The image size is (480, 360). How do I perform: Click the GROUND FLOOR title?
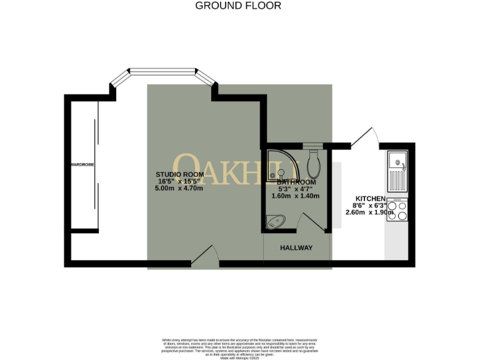tap(238, 6)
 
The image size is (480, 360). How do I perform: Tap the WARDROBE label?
tap(82, 165)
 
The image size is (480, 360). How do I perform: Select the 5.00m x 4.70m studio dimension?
tap(179, 188)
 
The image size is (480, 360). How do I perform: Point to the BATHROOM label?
tap(296, 182)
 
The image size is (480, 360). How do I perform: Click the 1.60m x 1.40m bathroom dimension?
tap(295, 196)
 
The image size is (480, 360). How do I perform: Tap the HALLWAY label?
tap(296, 248)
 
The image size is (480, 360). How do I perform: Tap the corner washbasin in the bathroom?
tap(275, 220)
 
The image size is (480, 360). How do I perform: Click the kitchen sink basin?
tap(397, 162)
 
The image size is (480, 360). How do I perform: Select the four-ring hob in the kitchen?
tap(397, 210)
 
